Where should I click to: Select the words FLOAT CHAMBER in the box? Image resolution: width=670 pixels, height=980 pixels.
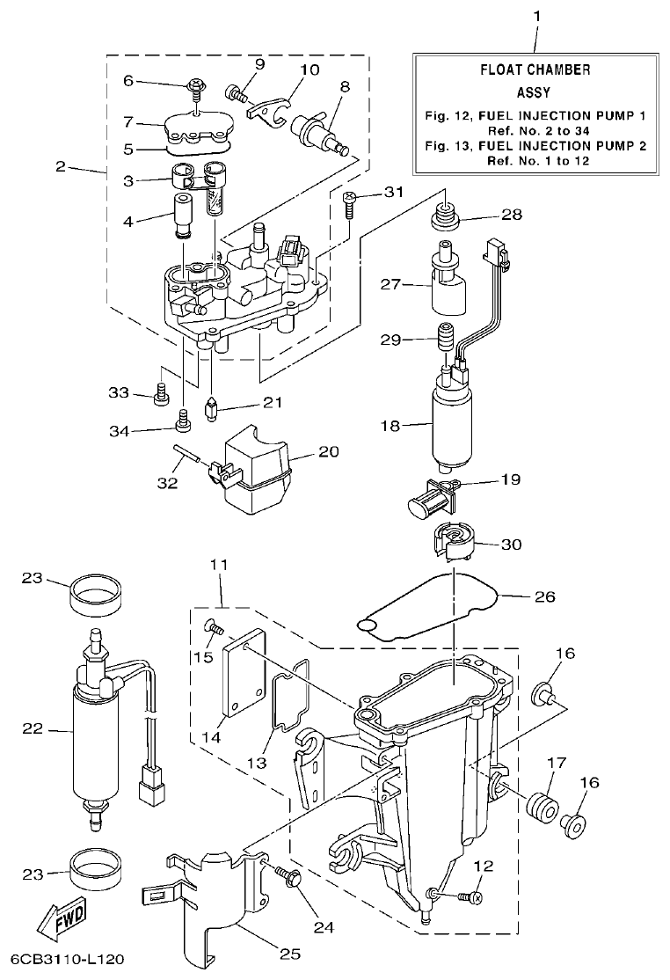click(x=535, y=69)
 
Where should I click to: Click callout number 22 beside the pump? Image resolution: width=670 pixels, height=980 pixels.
click(x=33, y=728)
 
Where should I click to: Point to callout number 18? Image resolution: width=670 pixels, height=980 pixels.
click(x=390, y=426)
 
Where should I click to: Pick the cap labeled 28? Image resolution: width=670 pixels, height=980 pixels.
click(x=445, y=214)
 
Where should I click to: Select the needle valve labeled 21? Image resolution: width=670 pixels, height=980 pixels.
click(x=211, y=409)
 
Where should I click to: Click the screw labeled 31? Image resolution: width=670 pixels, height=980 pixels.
click(x=350, y=201)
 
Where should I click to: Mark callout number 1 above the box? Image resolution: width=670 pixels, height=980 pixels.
click(x=537, y=17)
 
